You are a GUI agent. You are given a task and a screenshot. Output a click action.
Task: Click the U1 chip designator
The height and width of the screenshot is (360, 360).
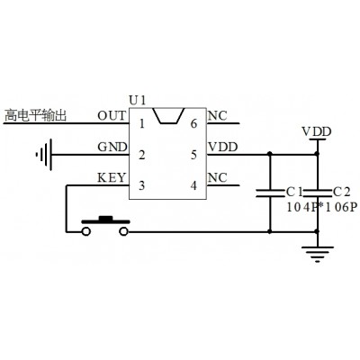138,100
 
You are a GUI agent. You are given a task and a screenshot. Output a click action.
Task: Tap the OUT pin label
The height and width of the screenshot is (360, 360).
112,115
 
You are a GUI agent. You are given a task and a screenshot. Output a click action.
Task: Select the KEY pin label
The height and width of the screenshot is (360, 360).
112,178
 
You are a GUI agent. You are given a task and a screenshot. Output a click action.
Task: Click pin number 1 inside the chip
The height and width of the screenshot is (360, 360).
142,123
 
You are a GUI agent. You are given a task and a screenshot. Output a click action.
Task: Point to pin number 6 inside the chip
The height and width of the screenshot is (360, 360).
193,123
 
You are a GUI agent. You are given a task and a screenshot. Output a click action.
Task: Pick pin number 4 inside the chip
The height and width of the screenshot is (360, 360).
193,185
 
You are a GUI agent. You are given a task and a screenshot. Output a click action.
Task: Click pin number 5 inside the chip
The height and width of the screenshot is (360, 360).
193,155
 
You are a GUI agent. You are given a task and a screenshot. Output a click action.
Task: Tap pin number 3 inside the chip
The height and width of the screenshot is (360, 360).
142,185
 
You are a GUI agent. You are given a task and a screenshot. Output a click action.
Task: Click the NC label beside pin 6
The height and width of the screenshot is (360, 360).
218,116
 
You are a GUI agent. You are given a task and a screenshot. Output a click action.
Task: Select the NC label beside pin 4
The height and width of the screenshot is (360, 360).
218,178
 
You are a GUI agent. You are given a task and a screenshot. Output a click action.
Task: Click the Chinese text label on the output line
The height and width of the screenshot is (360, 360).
35,115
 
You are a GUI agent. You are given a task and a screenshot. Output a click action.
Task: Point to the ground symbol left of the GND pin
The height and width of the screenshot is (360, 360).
44,155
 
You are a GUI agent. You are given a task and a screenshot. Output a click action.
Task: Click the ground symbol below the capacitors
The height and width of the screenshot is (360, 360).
318,255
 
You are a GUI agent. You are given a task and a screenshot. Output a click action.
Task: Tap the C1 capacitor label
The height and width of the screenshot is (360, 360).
294,192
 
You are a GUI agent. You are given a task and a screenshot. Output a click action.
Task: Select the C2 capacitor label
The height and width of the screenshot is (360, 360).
342,192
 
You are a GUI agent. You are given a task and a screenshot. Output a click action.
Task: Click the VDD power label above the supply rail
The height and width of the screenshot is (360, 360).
317,131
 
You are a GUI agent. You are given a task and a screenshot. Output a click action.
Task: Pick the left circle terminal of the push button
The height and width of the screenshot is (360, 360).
86,231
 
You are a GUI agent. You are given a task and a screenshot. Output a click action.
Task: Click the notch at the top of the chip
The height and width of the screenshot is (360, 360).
168,116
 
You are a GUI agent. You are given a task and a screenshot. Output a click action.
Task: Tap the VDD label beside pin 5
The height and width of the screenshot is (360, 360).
222,147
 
